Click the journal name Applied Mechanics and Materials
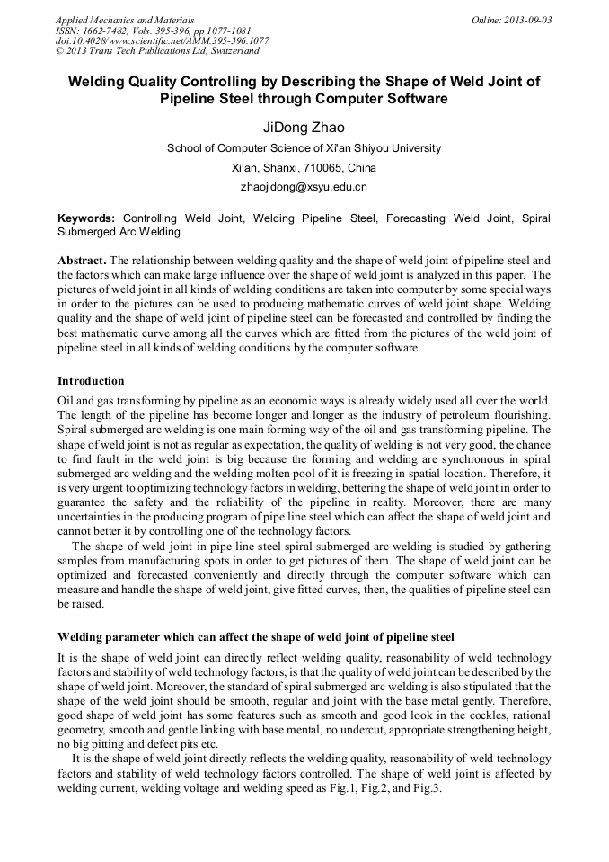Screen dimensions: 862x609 (124, 19)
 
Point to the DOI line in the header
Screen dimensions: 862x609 (162, 40)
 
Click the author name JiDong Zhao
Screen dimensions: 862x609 (304, 127)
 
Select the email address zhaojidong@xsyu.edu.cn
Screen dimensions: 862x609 (304, 187)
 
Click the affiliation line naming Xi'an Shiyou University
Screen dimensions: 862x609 (304, 148)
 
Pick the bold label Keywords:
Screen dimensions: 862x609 (86, 218)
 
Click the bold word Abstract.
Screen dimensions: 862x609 (82, 260)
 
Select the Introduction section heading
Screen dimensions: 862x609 (91, 381)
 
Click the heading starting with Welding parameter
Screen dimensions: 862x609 (256, 636)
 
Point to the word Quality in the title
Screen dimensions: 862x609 (150, 81)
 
